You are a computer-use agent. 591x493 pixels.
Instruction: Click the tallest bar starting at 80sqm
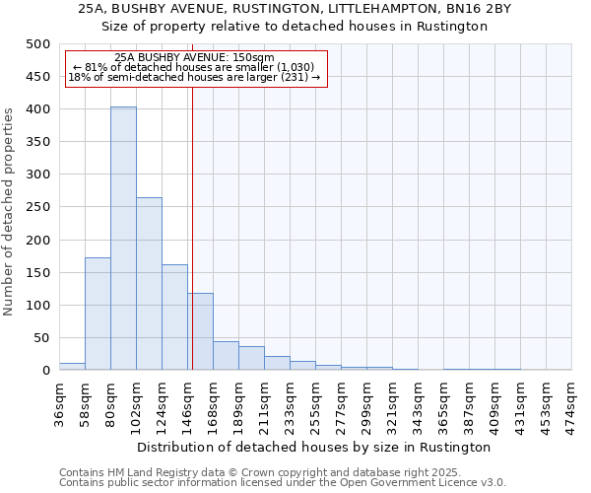[123, 239]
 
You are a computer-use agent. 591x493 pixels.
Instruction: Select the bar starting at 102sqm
[149, 284]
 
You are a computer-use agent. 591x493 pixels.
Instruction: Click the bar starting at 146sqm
[200, 331]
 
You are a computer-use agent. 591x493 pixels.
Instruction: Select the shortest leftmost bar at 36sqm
[72, 367]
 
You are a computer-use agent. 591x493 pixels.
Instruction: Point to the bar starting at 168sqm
[226, 356]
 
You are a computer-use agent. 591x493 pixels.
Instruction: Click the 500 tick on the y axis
[37, 44]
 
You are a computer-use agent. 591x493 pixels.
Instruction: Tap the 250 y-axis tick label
[37, 207]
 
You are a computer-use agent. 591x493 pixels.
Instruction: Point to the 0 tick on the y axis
[45, 371]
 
